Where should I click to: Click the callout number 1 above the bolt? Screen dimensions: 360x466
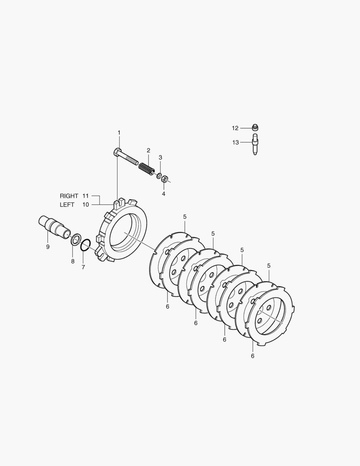[x=119, y=132]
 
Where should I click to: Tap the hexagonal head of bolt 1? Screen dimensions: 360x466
[x=117, y=152]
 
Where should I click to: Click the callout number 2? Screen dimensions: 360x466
[x=148, y=151]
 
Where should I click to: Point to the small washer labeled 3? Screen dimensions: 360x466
[x=160, y=176]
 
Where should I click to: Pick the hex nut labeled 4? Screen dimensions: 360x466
[x=164, y=179]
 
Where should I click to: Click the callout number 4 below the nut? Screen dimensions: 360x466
[x=164, y=194]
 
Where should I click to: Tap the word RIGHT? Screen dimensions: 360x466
[x=69, y=196]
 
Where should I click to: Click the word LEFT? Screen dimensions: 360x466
[x=67, y=205]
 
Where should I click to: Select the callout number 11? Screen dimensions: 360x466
[x=85, y=196]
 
